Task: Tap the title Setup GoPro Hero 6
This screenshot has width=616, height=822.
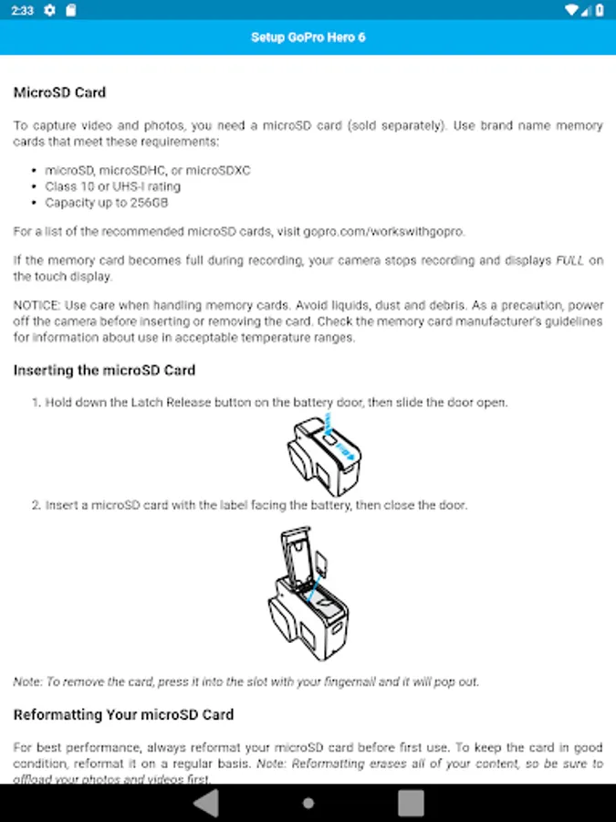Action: pyautogui.click(x=308, y=37)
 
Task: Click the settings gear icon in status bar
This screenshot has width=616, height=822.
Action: pyautogui.click(x=50, y=10)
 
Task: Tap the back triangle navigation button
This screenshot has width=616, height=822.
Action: pyautogui.click(x=206, y=803)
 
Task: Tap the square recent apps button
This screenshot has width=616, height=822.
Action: pyautogui.click(x=411, y=803)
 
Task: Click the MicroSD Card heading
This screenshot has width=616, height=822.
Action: pyautogui.click(x=59, y=92)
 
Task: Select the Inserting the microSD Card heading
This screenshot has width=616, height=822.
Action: pyautogui.click(x=104, y=370)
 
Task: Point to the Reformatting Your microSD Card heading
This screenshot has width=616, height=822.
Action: pyautogui.click(x=123, y=714)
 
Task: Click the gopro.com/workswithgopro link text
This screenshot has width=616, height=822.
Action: pyautogui.click(x=383, y=231)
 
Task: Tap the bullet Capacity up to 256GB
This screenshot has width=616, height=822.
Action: pyautogui.click(x=107, y=203)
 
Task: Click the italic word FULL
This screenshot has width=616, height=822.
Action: pyautogui.click(x=569, y=260)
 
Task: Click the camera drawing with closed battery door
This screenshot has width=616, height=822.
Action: pyautogui.click(x=324, y=455)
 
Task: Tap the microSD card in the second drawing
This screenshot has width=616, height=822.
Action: pyautogui.click(x=321, y=564)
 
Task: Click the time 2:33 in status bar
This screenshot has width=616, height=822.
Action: pyautogui.click(x=22, y=10)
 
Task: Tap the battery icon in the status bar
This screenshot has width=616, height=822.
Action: pyautogui.click(x=600, y=10)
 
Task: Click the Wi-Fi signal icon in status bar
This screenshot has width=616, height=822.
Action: pyautogui.click(x=571, y=10)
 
